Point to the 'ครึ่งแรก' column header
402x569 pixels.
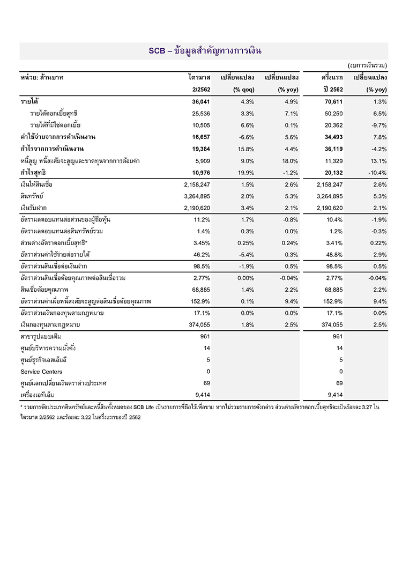coord(332,77)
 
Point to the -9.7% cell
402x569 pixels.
coord(377,125)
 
